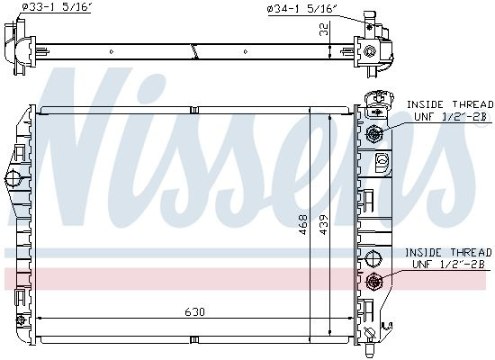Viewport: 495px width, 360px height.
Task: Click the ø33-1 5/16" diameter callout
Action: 58,7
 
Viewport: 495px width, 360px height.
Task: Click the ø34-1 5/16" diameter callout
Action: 301,9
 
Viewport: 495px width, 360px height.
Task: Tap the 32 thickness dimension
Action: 324,29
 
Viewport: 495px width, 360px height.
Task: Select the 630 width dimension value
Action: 194,312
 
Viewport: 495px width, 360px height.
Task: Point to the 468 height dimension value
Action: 302,224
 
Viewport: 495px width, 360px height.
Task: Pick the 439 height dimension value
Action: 324,224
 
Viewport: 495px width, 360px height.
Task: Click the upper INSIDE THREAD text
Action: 450,104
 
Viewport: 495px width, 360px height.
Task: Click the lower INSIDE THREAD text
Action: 448,253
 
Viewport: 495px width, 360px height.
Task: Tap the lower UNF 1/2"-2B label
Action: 448,265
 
